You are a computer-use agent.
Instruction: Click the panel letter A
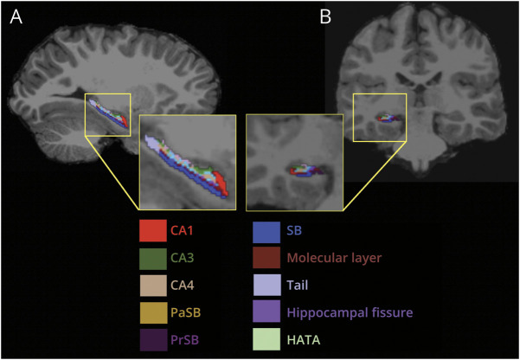pyautogui.click(x=16, y=16)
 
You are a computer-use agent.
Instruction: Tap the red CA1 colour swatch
pyautogui.click(x=152, y=232)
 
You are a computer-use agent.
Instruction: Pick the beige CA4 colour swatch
pyautogui.click(x=152, y=285)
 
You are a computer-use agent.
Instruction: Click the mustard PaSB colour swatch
pyautogui.click(x=152, y=311)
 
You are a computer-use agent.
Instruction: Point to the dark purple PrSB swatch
pyautogui.click(x=152, y=337)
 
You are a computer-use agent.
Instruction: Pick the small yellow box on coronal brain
pyautogui.click(x=380, y=117)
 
